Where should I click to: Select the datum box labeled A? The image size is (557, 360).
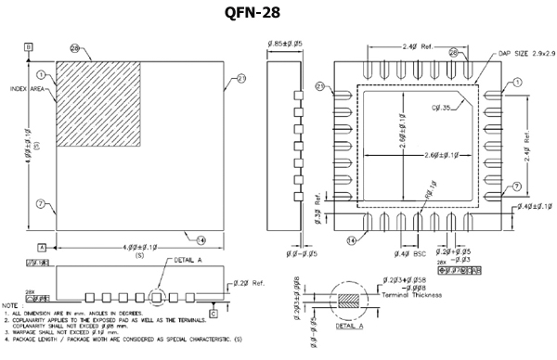(x=42, y=248)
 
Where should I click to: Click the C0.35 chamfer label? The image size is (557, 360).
(x=442, y=109)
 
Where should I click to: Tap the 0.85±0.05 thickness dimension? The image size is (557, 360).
(x=285, y=42)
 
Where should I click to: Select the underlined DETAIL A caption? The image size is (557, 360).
(x=349, y=328)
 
